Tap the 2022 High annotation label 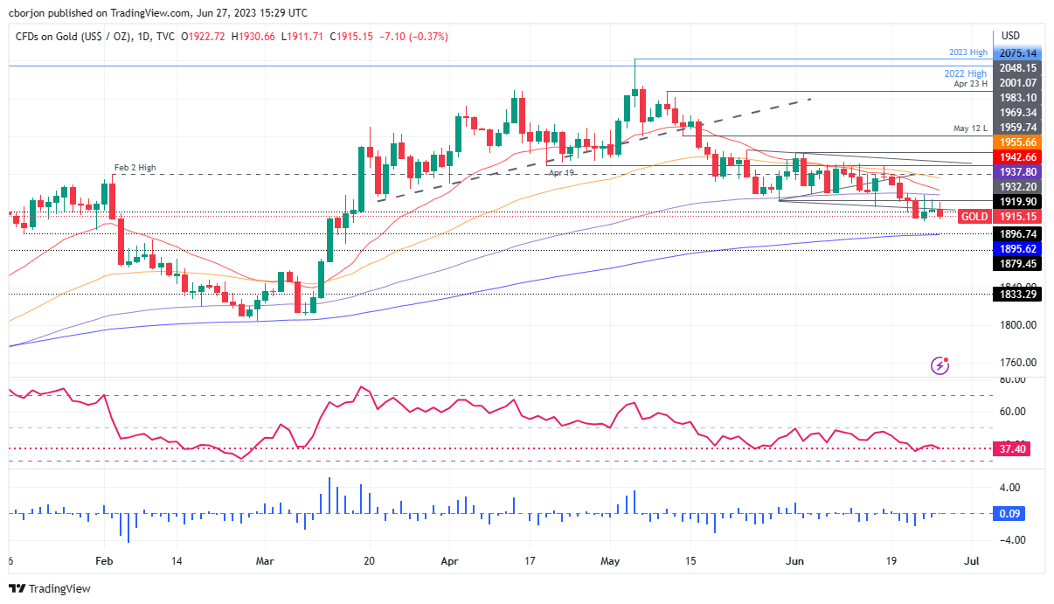click(x=966, y=73)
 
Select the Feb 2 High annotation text click(x=135, y=167)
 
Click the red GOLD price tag click(x=974, y=216)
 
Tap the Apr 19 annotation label click(x=560, y=173)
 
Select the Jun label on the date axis click(x=796, y=562)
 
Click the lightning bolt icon click(x=940, y=365)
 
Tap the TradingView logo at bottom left click(x=50, y=588)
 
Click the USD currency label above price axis click(x=1010, y=35)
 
